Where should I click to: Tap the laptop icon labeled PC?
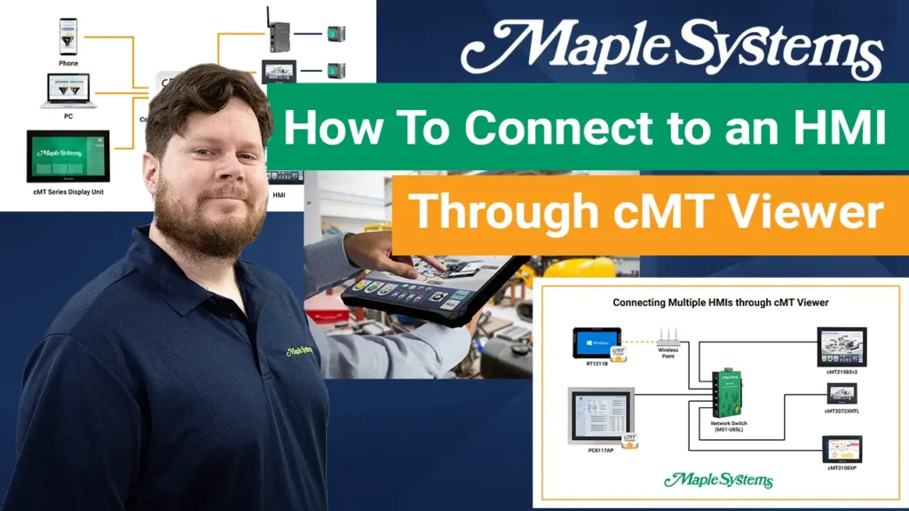pos(67,91)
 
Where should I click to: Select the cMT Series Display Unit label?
pos(67,192)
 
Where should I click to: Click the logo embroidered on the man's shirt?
pos(298,351)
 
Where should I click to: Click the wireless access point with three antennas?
pos(668,337)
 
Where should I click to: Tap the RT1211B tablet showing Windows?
pos(597,341)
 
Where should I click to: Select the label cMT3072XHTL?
pos(842,412)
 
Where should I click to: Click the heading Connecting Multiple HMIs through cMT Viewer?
pos(720,303)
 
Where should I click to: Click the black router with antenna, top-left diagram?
pos(279,34)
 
